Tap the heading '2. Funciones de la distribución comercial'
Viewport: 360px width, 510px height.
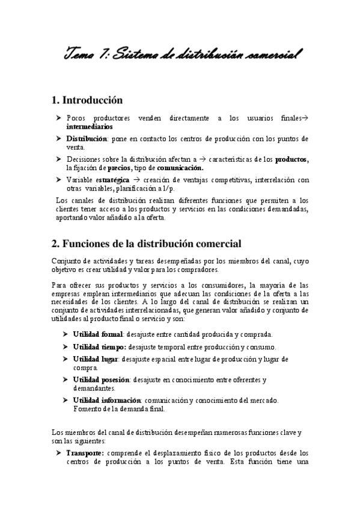coord(146,244)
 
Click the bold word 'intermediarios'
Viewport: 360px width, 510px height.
coord(89,127)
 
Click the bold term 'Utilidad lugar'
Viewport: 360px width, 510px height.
coord(95,359)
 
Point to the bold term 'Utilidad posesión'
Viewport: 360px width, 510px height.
coord(100,379)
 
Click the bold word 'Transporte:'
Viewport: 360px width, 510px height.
coord(85,453)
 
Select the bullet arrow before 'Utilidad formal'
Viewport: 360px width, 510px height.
coord(64,334)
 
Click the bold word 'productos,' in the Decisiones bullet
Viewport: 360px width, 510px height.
coord(291,159)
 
